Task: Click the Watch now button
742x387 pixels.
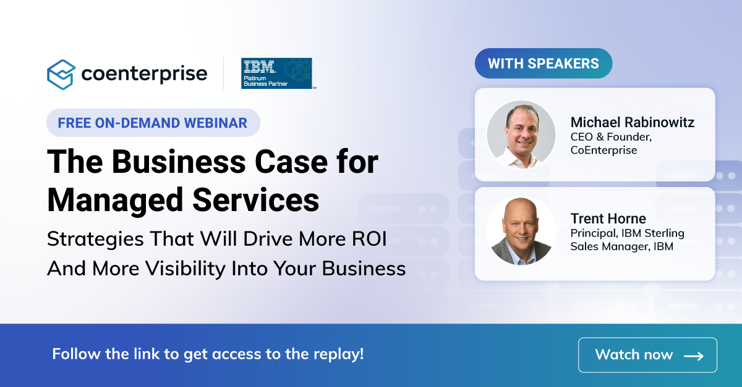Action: click(647, 355)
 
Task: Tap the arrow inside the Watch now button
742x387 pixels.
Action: click(693, 356)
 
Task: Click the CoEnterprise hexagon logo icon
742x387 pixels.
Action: click(61, 74)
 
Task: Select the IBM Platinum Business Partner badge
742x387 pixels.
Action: click(276, 73)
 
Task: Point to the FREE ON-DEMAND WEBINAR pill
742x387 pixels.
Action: click(153, 122)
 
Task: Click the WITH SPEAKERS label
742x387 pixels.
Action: click(543, 64)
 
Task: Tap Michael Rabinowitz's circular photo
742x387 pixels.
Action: click(521, 135)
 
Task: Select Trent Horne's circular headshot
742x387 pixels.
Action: click(521, 231)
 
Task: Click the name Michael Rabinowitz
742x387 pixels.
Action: click(632, 122)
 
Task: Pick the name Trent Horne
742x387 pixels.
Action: click(608, 218)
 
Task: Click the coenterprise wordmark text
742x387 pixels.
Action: click(144, 74)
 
